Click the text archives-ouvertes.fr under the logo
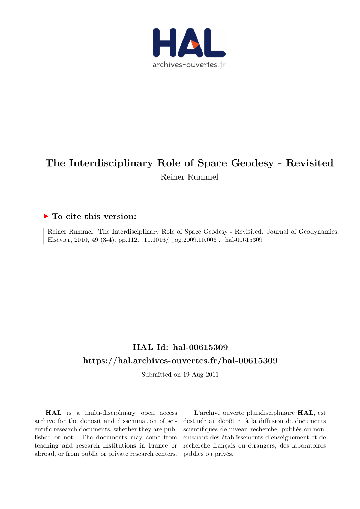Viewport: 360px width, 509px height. coord(189,65)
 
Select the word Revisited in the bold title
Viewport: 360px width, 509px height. coord(310,163)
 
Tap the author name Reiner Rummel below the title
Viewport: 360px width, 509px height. coord(189,177)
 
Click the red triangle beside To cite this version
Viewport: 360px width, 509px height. coord(46,216)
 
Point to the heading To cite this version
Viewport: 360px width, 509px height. coord(94,216)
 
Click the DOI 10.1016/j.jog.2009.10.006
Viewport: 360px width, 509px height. coord(180,240)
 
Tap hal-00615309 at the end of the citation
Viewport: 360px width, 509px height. coord(244,240)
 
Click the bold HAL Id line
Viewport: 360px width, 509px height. coord(180,347)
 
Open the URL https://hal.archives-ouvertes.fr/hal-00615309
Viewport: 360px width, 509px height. coord(180,360)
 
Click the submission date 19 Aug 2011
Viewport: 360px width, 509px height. coord(201,375)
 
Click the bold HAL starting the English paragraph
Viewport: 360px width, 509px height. coord(53,413)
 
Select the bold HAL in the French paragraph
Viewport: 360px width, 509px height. coord(305,413)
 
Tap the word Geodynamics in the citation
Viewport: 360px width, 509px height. coord(318,232)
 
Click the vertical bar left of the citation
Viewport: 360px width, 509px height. coord(44,236)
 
